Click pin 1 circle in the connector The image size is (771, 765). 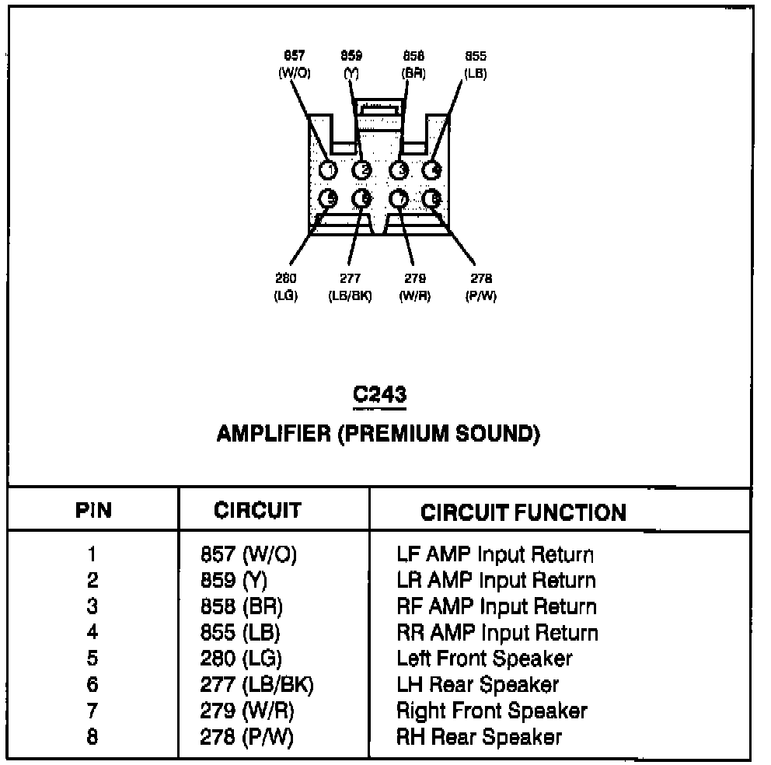pyautogui.click(x=329, y=169)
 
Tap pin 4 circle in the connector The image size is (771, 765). pyautogui.click(x=432, y=169)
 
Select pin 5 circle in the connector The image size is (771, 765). pyautogui.click(x=329, y=199)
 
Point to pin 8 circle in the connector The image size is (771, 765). pyautogui.click(x=432, y=199)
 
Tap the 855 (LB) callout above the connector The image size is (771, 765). pyautogui.click(x=476, y=64)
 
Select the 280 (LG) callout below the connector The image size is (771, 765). pyautogui.click(x=286, y=287)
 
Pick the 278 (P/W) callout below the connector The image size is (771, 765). pyautogui.click(x=482, y=287)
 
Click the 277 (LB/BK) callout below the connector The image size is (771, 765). pyautogui.click(x=350, y=287)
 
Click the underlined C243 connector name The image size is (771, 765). pyautogui.click(x=379, y=394)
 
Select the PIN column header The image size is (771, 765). pyautogui.click(x=93, y=511)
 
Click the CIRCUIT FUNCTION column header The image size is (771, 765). pyautogui.click(x=522, y=512)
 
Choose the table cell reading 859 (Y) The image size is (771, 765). pyautogui.click(x=234, y=581)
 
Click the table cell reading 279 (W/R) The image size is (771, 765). pyautogui.click(x=247, y=711)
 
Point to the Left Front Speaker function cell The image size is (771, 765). pyautogui.click(x=484, y=658)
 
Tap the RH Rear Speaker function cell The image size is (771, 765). pyautogui.click(x=479, y=736)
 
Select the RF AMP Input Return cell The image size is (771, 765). pyautogui.click(x=497, y=606)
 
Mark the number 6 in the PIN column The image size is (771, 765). pyautogui.click(x=92, y=685)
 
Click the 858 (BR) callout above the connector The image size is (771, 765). pyautogui.click(x=413, y=64)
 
